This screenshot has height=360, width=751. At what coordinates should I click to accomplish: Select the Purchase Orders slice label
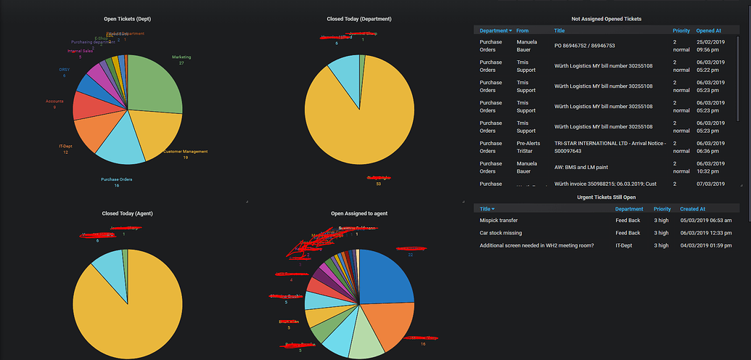pos(116,179)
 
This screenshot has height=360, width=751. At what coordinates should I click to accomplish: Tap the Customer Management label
pos(185,152)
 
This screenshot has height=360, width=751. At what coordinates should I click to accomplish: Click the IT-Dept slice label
pos(65,147)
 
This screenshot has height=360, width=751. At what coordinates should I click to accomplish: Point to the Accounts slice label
pos(54,101)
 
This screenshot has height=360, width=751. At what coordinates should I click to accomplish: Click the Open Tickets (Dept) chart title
pos(128,19)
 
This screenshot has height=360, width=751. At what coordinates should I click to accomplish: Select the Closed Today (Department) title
pos(358,19)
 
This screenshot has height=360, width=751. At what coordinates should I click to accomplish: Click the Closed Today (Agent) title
pos(128,213)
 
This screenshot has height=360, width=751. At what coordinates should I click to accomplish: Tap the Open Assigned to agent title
pos(358,213)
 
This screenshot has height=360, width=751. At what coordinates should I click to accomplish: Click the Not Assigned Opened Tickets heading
pos(607,19)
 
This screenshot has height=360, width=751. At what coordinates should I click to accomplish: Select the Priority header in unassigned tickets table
pos(681,31)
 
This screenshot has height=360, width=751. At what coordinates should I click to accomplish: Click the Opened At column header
pos(708,31)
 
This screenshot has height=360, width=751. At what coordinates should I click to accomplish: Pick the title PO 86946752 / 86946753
pos(584,46)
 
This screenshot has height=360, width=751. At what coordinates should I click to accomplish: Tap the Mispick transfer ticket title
pos(498,220)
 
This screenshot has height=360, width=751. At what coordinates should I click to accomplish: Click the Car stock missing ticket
pos(501,233)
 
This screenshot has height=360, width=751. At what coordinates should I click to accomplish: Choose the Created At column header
pos(694,209)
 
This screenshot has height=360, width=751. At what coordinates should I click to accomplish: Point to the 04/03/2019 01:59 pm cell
pos(705,245)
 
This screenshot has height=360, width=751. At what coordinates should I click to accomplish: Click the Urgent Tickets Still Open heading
pos(607,197)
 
